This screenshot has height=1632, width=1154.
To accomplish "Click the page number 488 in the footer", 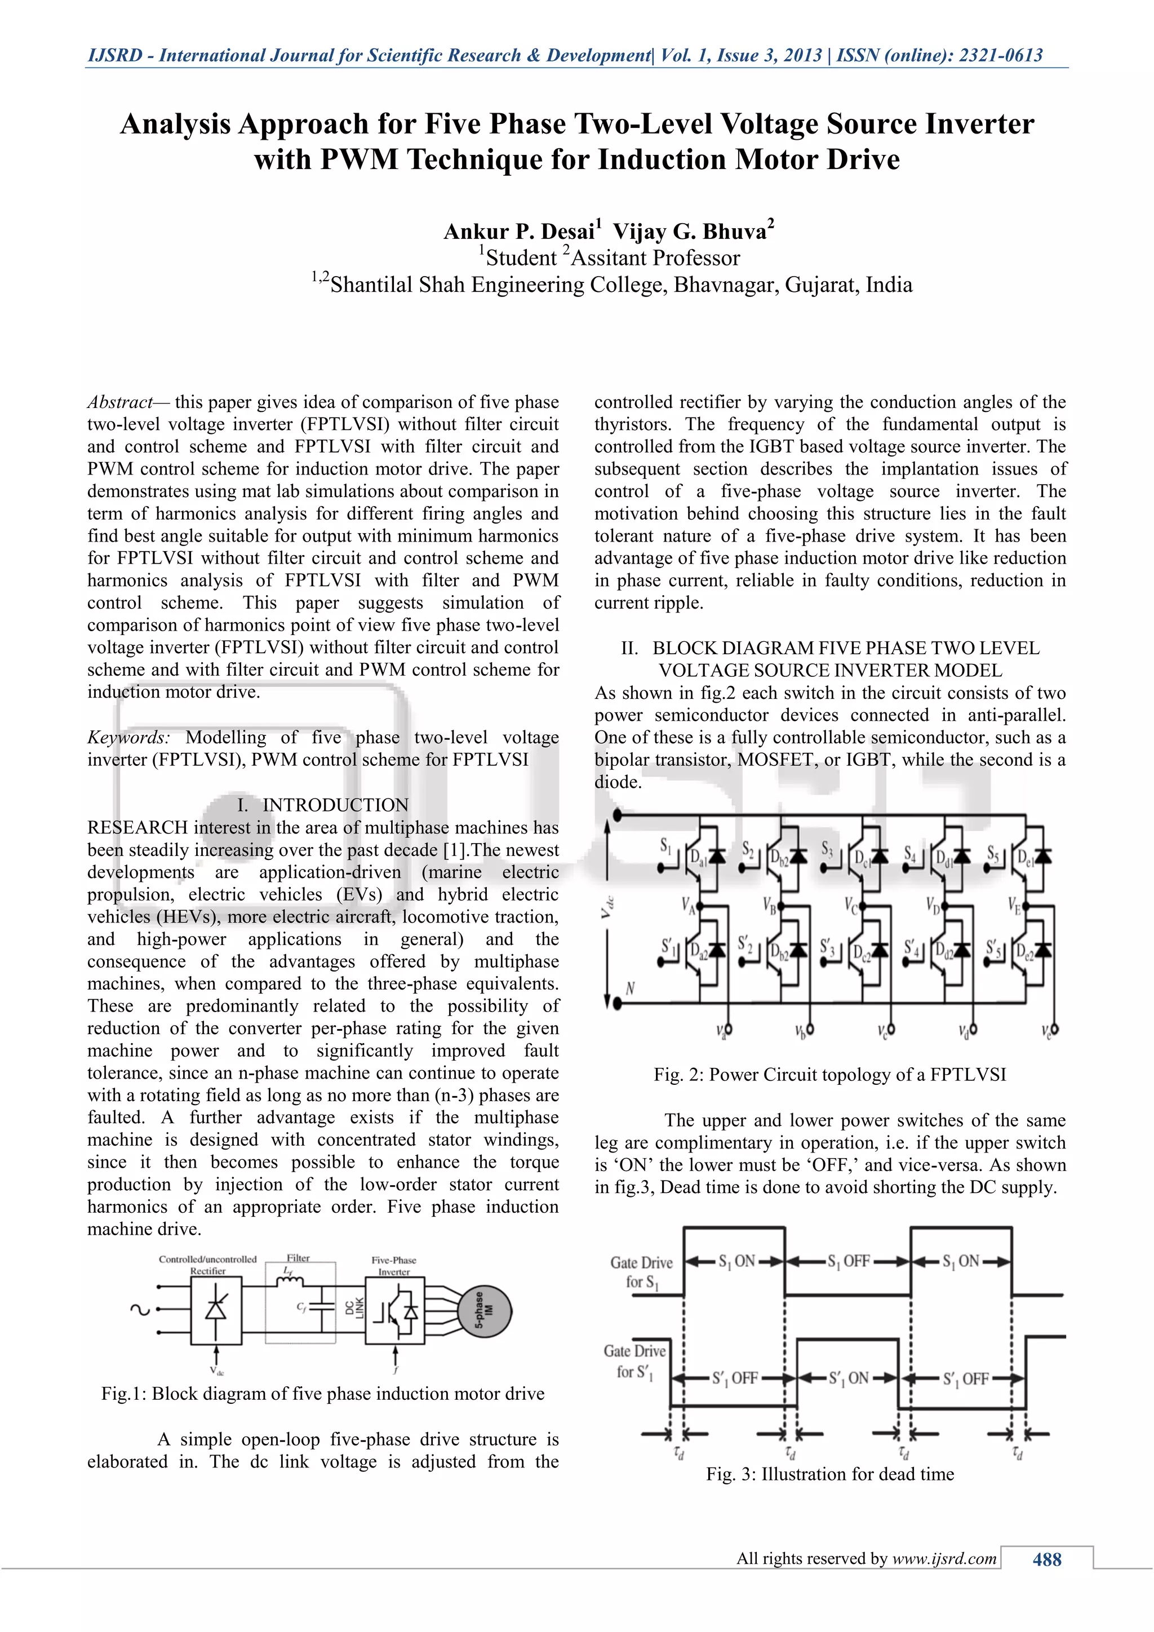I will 1047,1559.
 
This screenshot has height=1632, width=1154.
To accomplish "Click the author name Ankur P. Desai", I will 519,232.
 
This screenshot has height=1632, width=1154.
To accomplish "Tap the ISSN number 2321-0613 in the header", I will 1001,55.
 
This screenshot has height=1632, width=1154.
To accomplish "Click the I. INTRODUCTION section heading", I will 323,805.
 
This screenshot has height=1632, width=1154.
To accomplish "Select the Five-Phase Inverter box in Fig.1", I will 395,1311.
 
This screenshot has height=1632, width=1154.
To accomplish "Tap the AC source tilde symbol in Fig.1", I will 135,1309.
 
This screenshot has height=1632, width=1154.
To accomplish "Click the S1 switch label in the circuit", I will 666,845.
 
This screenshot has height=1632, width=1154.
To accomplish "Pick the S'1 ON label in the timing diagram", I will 849,1378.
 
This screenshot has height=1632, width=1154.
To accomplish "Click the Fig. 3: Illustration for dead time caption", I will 829,1474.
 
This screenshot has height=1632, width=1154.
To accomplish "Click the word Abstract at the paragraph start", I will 119,402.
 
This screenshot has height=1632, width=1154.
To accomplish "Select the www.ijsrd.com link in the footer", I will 944,1559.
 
